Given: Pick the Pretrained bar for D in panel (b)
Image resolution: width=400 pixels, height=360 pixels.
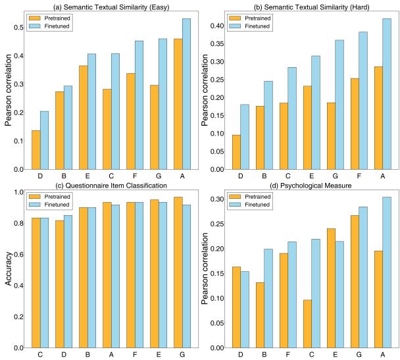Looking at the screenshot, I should point(235,152).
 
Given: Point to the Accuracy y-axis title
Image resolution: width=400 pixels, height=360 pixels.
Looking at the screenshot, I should point(9,270).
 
